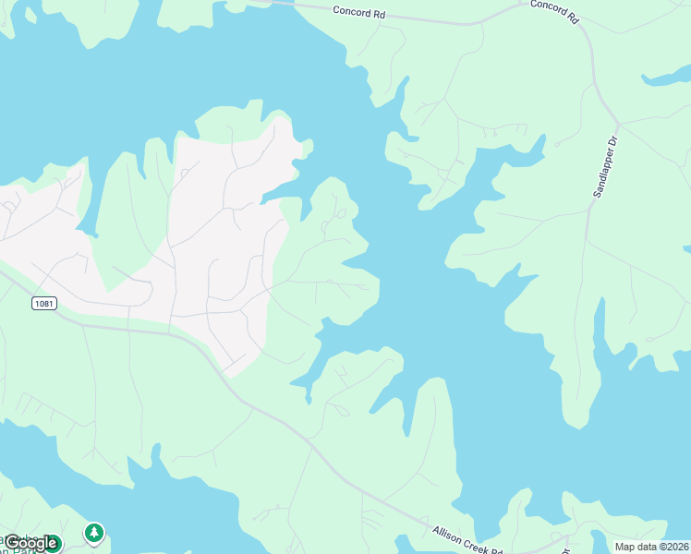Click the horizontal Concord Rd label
point(358,11)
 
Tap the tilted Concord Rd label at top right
point(554,11)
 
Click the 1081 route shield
point(42,304)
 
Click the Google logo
point(30,543)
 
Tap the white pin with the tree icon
point(93,533)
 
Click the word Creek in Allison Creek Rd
point(472,539)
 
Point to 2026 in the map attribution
point(675,547)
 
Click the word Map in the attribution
point(625,547)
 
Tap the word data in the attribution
point(648,547)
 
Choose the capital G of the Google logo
point(11,543)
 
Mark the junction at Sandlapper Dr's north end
point(616,123)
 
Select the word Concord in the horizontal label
point(350,10)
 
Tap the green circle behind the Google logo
point(52,544)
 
